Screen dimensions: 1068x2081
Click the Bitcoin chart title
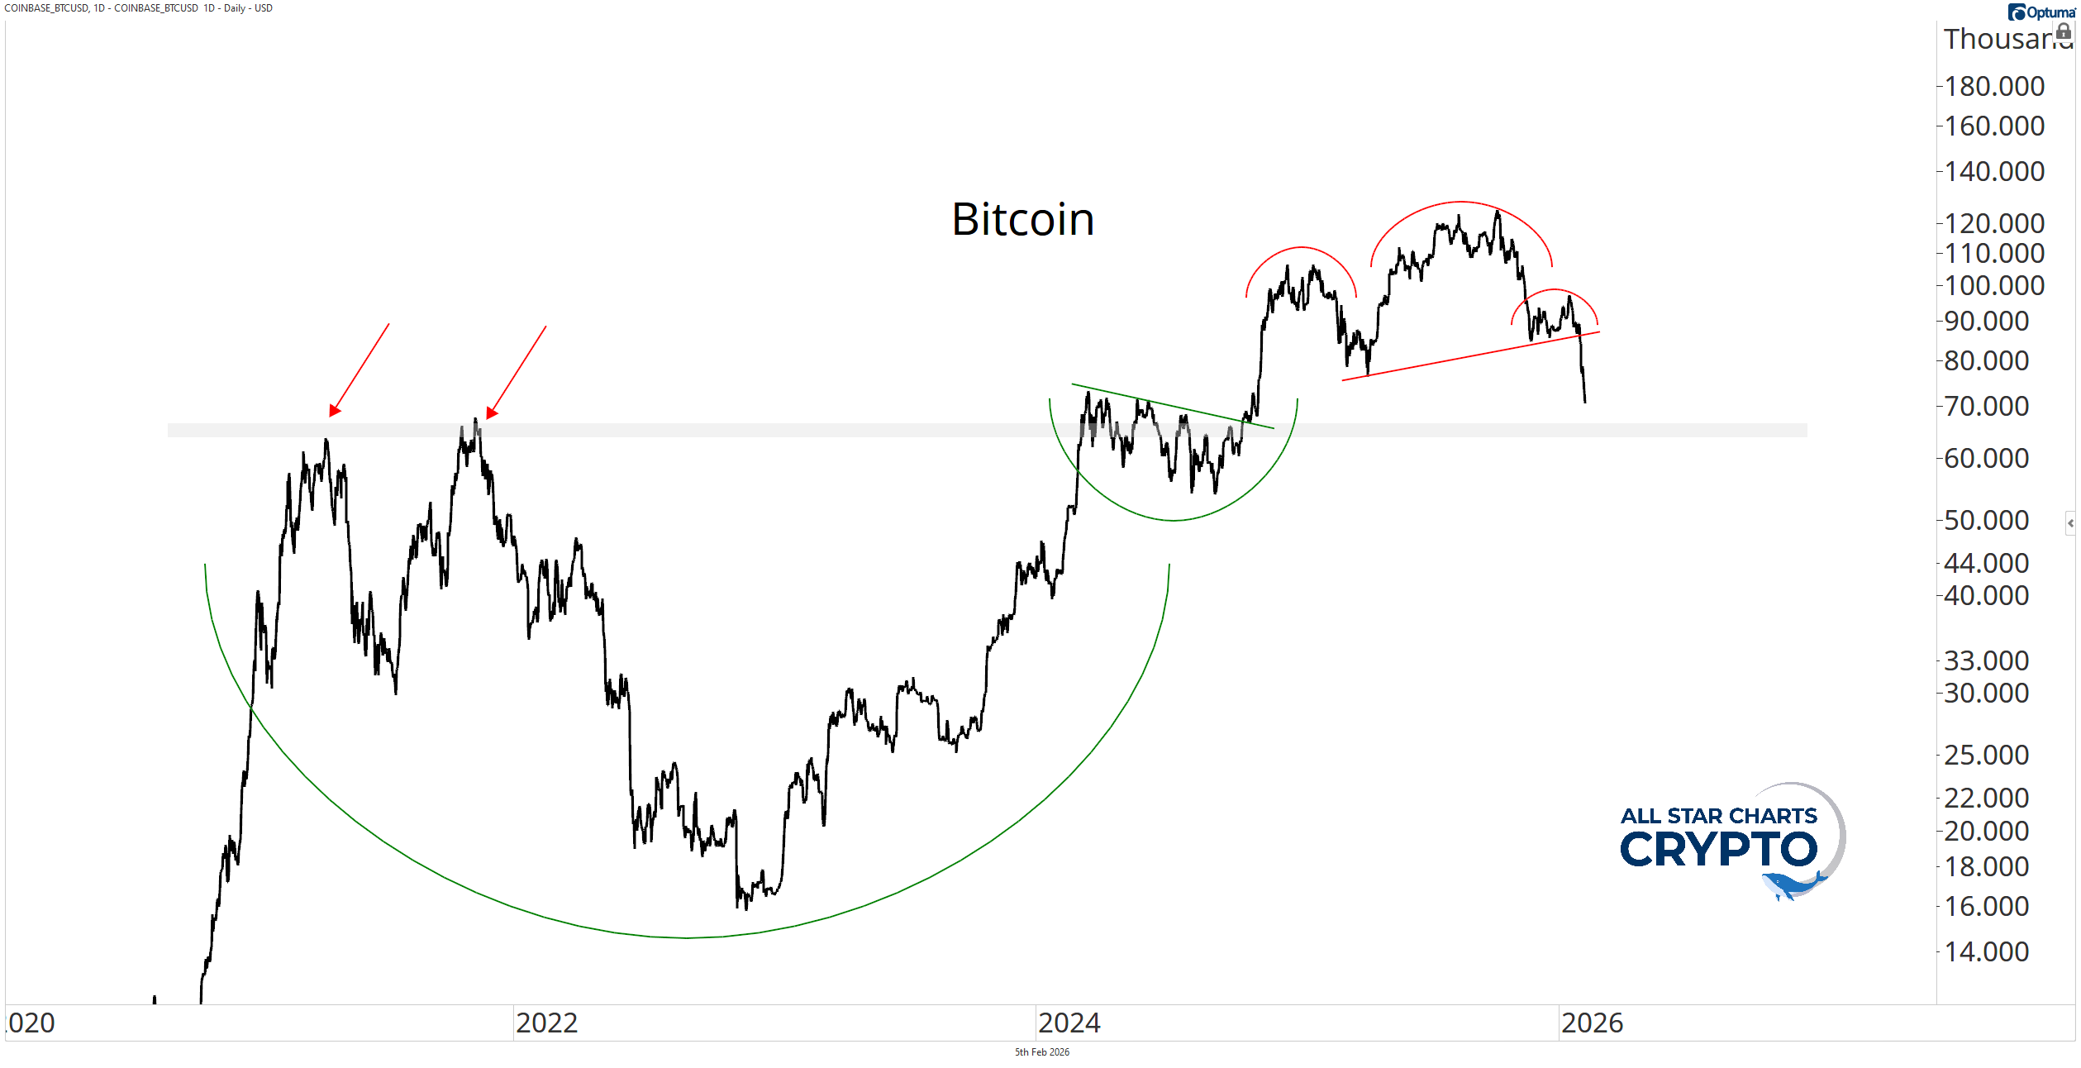coord(1022,220)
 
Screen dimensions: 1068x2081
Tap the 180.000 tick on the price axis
coord(1993,86)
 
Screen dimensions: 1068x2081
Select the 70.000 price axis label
coord(1986,406)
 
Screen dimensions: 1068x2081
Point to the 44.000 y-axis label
coord(1986,563)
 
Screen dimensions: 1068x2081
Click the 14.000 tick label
coord(1986,951)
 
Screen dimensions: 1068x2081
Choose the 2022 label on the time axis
coord(546,1023)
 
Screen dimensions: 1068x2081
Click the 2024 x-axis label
coord(1069,1023)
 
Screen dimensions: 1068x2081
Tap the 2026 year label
coord(1592,1023)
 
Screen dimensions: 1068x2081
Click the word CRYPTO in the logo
coord(1719,849)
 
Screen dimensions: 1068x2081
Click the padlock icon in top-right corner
coord(2064,31)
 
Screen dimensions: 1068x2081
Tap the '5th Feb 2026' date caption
coord(1041,1052)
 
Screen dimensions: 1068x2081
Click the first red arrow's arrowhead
coord(334,411)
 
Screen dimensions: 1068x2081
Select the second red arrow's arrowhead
coord(492,412)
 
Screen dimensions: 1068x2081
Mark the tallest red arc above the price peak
coord(1461,202)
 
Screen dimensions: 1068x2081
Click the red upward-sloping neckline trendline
coord(1471,355)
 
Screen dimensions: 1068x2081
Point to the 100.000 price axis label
coord(1993,286)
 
